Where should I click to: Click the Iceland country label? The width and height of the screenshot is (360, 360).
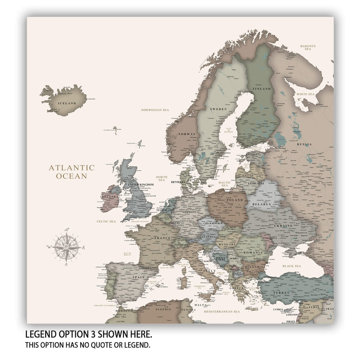tap(67, 103)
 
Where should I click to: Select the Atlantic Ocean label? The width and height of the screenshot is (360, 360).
tap(72, 172)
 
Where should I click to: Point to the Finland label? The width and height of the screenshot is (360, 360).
tap(262, 89)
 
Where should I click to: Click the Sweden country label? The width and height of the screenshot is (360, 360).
tap(218, 109)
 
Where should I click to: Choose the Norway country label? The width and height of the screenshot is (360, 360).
tap(187, 134)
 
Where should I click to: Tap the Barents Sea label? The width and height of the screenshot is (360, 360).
tap(308, 48)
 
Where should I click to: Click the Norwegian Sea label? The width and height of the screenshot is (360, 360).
tap(155, 110)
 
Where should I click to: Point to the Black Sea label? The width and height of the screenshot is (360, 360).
tap(291, 266)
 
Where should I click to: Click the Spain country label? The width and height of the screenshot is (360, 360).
tap(138, 277)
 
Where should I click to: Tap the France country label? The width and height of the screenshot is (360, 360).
tap(162, 238)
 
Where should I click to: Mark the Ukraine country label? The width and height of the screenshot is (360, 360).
tap(283, 225)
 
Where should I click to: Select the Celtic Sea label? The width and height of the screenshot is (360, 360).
tap(106, 221)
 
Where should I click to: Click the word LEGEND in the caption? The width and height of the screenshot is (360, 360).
tap(44, 334)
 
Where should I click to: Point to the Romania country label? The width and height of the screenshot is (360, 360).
tap(254, 252)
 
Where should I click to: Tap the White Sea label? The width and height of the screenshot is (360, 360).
tap(305, 94)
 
